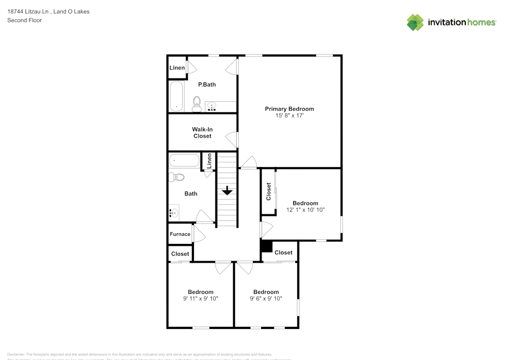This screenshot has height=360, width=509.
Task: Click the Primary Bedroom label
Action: pos(289,108)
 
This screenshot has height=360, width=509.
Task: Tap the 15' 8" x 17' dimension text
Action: pos(289,116)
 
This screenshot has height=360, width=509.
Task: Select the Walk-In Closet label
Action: pos(202,132)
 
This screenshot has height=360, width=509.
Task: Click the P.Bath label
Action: pos(207,85)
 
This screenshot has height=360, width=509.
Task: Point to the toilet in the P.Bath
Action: pos(196,104)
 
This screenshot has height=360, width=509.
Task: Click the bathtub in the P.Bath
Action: pos(176,96)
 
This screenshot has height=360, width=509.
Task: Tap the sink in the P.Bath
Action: pos(212,106)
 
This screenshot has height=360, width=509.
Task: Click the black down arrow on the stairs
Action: pos(227,191)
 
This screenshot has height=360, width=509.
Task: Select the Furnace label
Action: pos(180,234)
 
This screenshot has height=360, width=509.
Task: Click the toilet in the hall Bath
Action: pos(177,178)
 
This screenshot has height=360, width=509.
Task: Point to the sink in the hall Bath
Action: pos(174,213)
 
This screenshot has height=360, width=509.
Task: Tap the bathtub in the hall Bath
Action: pos(184,160)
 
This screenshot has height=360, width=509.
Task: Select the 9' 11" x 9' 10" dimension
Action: pos(201,299)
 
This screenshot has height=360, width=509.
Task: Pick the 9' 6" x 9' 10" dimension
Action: pos(266,299)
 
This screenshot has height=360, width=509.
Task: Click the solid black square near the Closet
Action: pos(266,246)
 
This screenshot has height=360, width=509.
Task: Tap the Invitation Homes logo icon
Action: pos(415,22)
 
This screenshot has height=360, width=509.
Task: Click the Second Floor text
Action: pos(24,20)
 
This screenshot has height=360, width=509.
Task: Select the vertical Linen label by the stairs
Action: pos(209,161)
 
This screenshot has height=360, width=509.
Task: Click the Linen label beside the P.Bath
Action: pos(177,68)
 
